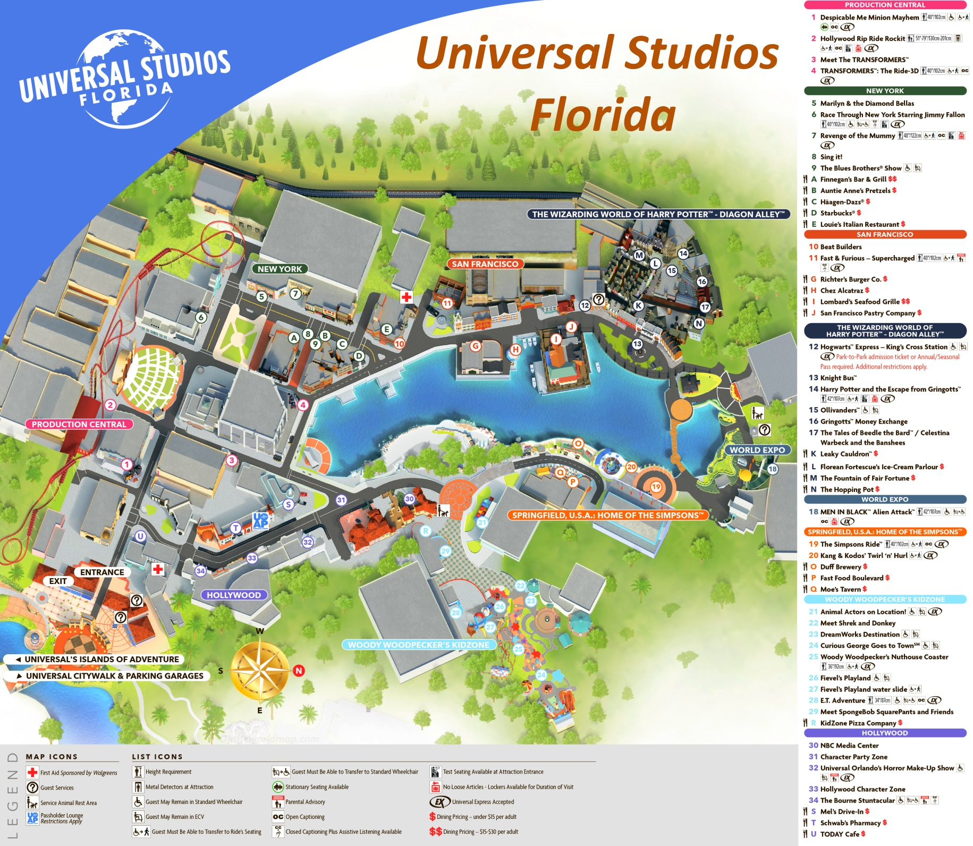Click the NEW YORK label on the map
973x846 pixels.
click(280, 269)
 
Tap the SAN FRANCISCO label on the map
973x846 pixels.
click(485, 264)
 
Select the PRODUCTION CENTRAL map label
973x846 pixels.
click(79, 424)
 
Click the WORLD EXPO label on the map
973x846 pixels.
click(757, 450)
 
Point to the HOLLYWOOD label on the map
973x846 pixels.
click(234, 595)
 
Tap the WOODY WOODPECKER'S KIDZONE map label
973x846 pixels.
click(418, 645)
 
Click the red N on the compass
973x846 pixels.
click(299, 670)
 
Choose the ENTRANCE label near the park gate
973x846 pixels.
click(102, 572)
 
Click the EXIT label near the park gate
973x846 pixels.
click(58, 581)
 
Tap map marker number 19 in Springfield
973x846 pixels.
click(656, 487)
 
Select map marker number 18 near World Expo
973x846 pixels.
click(772, 469)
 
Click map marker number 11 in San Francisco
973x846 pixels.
click(447, 303)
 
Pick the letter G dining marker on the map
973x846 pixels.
click(475, 346)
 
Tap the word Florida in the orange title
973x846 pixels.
click(603, 115)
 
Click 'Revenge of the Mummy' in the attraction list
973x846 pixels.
click(857, 136)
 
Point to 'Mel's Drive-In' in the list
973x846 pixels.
click(844, 811)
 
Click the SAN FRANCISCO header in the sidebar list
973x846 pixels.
click(885, 234)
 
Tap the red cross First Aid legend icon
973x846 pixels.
click(32, 772)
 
